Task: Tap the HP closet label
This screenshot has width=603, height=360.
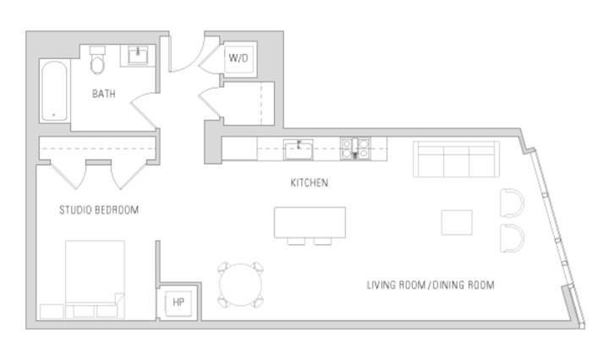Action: (178, 302)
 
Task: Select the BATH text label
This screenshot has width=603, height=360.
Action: (104, 94)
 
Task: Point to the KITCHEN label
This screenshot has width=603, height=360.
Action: (309, 183)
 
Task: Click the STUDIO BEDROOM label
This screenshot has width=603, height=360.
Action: (98, 210)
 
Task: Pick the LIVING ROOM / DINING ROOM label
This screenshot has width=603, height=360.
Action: (430, 285)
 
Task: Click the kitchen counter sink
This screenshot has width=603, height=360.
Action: (298, 150)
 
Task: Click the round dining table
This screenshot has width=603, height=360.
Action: (241, 285)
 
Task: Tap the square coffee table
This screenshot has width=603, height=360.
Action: (458, 221)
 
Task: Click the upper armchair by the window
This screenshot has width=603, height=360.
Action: (512, 204)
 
